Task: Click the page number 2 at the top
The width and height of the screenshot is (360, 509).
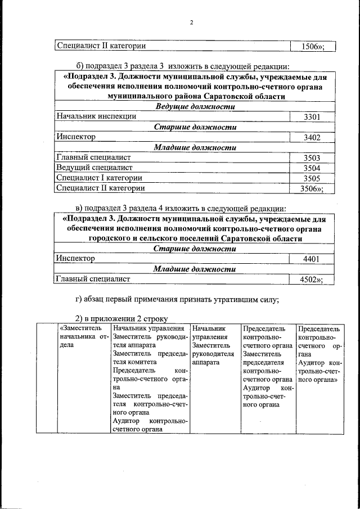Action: [x=191, y=22]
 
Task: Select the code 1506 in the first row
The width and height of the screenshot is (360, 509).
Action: [x=309, y=46]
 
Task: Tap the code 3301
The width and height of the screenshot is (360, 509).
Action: [x=312, y=117]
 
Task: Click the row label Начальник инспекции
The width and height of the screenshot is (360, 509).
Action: [x=96, y=116]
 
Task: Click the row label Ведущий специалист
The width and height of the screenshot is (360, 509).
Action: [x=94, y=168]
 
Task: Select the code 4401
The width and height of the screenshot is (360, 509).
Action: [x=312, y=259]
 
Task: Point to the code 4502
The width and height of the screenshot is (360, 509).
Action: [x=309, y=279]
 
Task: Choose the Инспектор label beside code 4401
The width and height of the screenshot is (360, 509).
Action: [x=75, y=258]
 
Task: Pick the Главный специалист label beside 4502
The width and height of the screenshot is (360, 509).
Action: [x=93, y=278]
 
